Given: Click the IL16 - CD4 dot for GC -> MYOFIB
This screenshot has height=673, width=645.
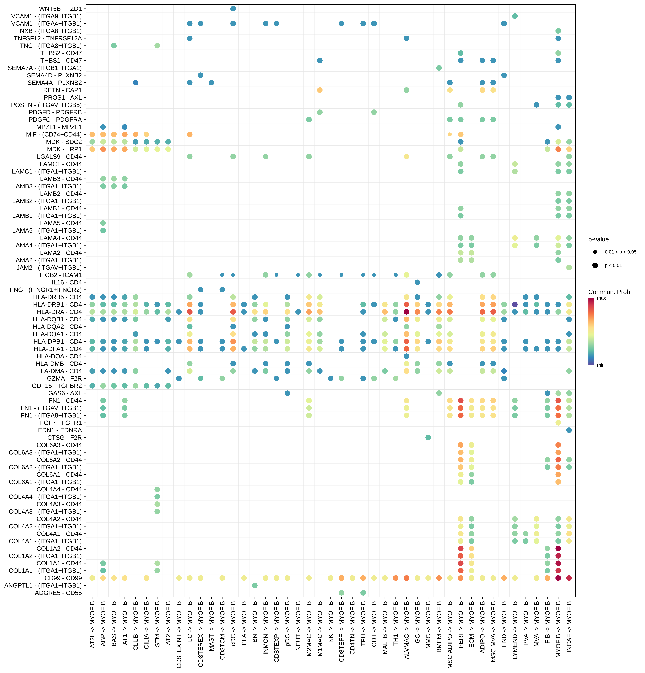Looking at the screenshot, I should [417, 282].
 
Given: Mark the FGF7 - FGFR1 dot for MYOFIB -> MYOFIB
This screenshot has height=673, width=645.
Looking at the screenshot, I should [558, 423].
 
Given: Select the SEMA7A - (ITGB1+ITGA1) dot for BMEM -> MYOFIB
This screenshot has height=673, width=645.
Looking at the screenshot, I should [439, 68].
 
